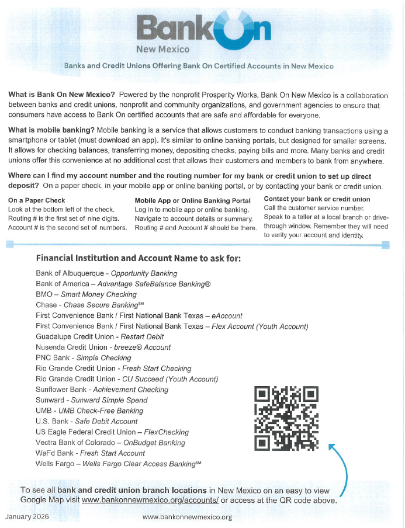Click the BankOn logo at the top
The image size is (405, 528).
(x=203, y=27)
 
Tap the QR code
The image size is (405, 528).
(x=286, y=419)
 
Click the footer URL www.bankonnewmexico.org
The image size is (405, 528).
(x=187, y=517)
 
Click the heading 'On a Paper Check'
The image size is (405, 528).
(x=36, y=200)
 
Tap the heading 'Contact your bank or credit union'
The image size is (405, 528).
(x=317, y=199)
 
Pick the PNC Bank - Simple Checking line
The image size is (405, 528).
(x=83, y=357)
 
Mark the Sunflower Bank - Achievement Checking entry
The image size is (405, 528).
(x=102, y=390)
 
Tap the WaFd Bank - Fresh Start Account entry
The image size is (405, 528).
(x=90, y=453)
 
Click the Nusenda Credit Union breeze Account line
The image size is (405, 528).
(x=103, y=347)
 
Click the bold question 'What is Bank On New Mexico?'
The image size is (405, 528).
(x=61, y=95)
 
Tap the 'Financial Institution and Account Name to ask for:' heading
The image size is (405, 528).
(x=138, y=258)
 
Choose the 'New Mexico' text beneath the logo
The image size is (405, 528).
(x=162, y=50)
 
